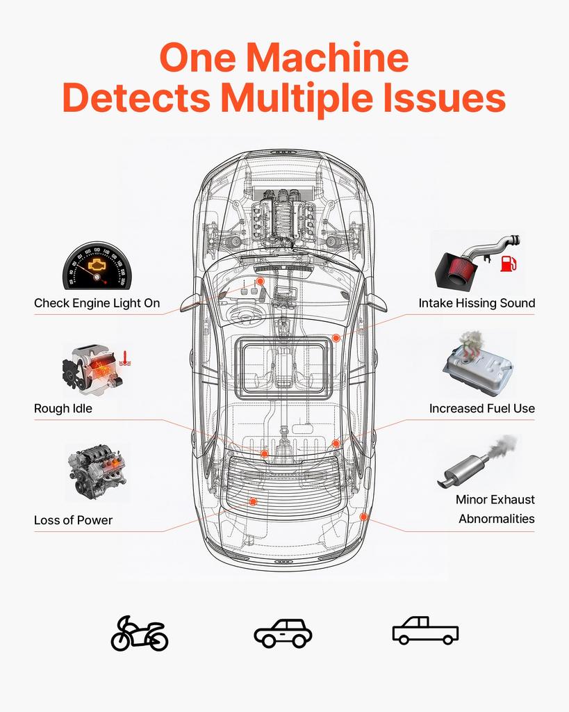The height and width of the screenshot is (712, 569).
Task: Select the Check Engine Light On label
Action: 97,303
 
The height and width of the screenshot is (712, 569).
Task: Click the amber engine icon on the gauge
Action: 96,265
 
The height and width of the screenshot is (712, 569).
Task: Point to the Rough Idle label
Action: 63,409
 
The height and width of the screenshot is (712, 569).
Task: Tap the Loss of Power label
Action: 73,520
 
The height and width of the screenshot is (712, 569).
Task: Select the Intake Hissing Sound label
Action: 477,303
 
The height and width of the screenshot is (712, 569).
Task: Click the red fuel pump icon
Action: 509,264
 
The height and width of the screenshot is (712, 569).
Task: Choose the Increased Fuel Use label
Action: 482,409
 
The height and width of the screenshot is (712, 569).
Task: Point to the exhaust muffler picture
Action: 477,463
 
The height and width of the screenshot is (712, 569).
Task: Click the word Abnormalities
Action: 497,519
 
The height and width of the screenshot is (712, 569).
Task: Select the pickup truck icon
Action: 425,631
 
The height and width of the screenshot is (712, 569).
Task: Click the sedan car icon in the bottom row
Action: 283,633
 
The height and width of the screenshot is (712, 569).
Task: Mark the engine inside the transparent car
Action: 283,218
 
